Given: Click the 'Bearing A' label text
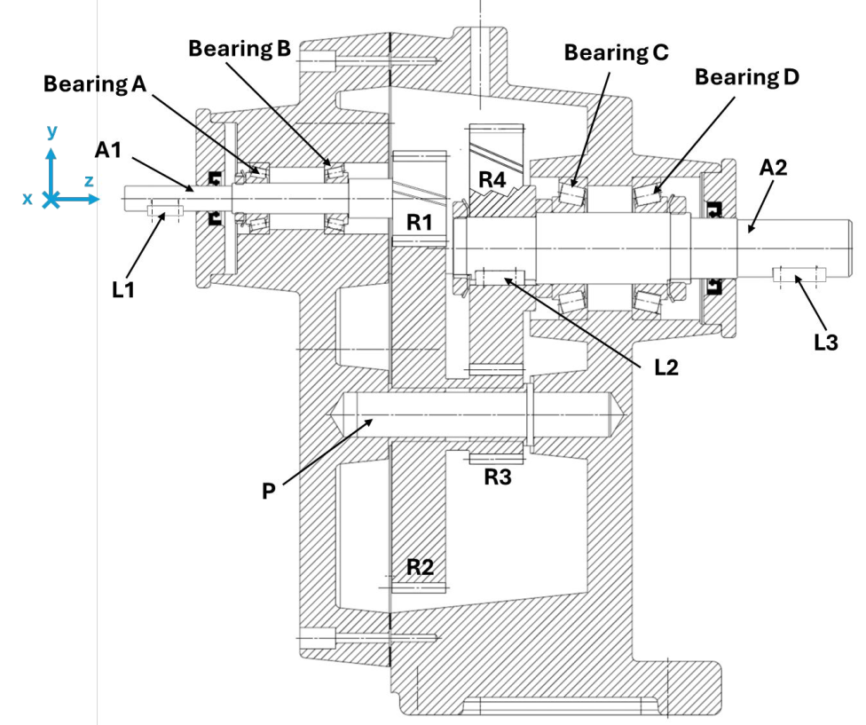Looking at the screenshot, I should [96, 84].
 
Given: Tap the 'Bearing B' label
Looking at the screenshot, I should [240, 49].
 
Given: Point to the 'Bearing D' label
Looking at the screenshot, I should [747, 77].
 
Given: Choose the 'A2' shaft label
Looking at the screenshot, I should [774, 166].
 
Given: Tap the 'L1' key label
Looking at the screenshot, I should [123, 288].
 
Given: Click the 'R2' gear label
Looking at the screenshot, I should [421, 566].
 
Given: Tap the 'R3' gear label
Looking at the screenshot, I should [498, 477].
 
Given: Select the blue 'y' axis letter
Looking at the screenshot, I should [51, 131].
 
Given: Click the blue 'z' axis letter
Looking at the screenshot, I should [89, 181].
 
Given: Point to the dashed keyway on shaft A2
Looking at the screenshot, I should [799, 276].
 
